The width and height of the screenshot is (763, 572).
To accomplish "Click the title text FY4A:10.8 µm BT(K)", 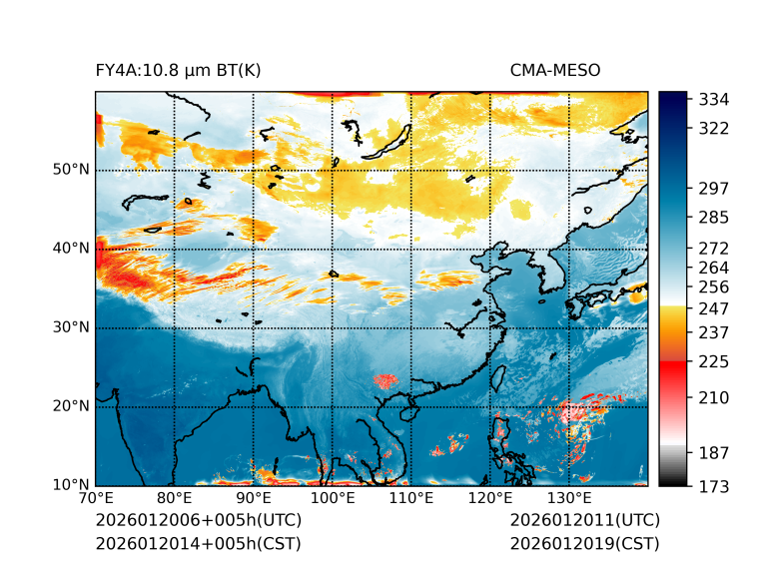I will (x=178, y=70).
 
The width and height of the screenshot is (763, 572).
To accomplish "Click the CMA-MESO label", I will (x=554, y=70).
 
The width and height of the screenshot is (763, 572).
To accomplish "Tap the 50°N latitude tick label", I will (x=72, y=170).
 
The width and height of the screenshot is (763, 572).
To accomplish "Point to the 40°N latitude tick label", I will (x=72, y=249).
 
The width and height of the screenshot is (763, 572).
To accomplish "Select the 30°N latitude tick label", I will (x=72, y=327).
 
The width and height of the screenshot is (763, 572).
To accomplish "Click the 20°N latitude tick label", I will (x=72, y=406).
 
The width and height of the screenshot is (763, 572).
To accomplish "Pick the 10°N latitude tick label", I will (x=72, y=485).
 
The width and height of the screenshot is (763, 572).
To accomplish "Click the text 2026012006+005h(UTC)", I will (x=198, y=520).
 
